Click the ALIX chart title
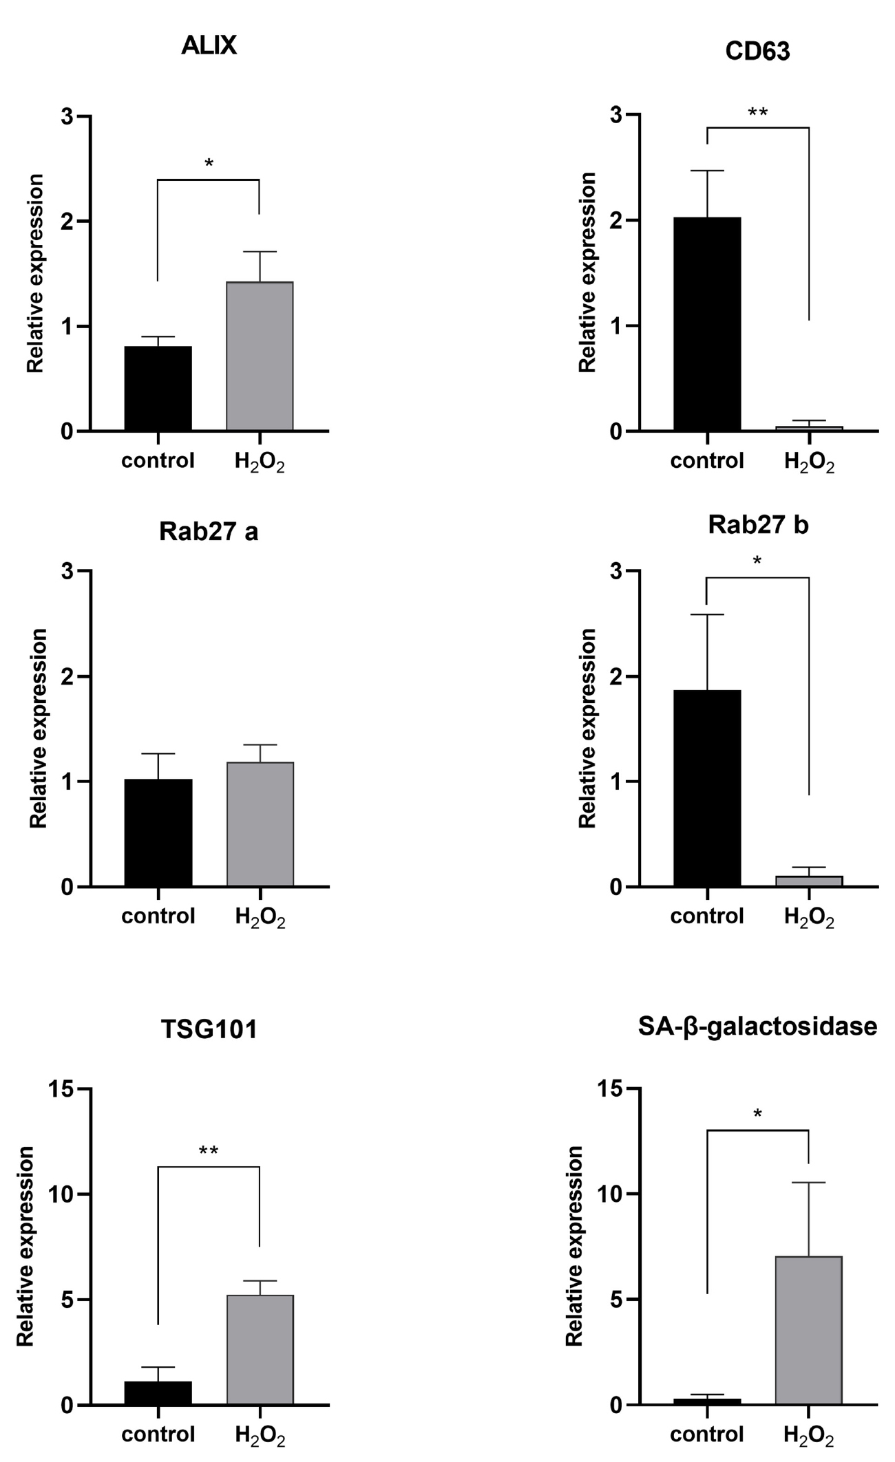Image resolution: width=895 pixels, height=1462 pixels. (209, 46)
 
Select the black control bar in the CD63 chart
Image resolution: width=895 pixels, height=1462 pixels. (707, 324)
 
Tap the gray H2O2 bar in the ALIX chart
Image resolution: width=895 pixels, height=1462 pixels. (260, 356)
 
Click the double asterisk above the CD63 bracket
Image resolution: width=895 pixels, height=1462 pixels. (757, 113)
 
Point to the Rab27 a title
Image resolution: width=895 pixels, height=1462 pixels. (209, 533)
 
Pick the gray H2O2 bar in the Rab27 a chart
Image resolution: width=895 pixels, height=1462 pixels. (260, 824)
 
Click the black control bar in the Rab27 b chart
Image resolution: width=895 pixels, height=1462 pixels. (707, 788)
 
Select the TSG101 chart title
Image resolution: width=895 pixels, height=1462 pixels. (209, 1030)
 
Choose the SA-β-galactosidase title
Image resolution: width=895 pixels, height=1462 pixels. (757, 1026)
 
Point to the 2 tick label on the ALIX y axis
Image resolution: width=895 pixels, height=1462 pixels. (67, 222)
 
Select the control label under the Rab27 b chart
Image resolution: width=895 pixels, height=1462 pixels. (707, 916)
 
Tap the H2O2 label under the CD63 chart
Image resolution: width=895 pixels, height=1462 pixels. (809, 462)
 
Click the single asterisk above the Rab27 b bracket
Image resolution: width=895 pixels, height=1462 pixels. (757, 562)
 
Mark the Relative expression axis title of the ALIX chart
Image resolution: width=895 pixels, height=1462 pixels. (36, 273)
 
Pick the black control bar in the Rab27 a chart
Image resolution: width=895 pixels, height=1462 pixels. (158, 832)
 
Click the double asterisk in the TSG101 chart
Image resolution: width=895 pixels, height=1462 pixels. (209, 1151)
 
